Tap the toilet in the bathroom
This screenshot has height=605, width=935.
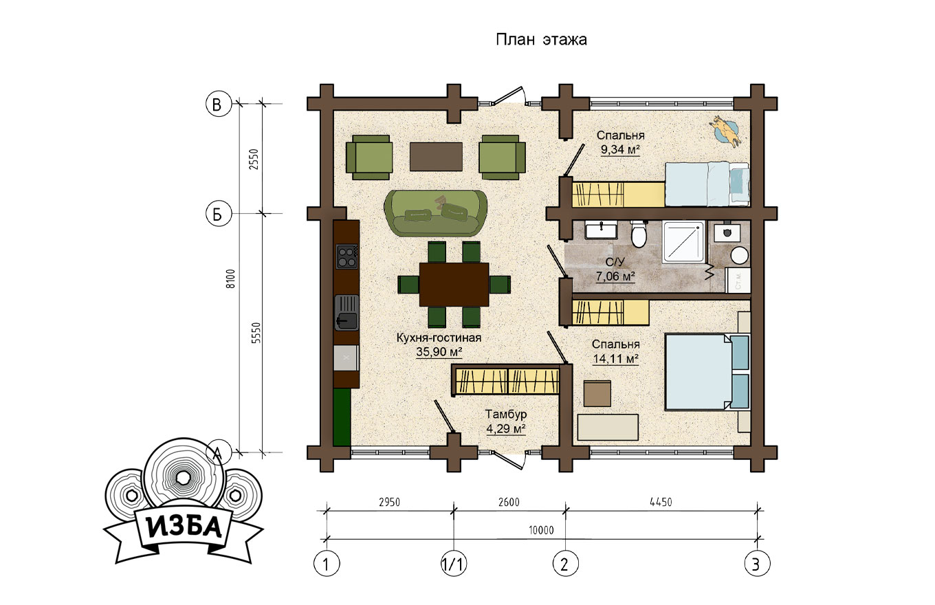coord(639,234)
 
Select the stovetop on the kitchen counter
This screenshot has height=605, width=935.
coord(347,256)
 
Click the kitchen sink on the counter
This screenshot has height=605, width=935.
coord(347,312)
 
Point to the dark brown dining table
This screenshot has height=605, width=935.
coord(454,285)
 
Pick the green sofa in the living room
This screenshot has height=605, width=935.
coord(435,213)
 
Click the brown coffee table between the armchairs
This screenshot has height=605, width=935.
coord(436,157)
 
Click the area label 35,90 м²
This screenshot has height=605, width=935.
coord(439,352)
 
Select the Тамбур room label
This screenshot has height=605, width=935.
coord(506,414)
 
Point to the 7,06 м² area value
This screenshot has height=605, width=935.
coord(615,276)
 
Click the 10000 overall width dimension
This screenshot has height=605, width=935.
coord(541,530)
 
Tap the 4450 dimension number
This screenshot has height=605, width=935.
coord(661,502)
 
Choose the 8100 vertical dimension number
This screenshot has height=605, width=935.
coord(231,278)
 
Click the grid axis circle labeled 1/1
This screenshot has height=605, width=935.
coord(454,564)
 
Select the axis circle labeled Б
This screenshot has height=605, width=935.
coord(219,214)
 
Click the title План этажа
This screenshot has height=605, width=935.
coord(541,40)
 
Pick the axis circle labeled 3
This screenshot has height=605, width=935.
coord(757,564)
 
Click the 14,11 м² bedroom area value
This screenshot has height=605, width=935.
coord(616,359)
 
